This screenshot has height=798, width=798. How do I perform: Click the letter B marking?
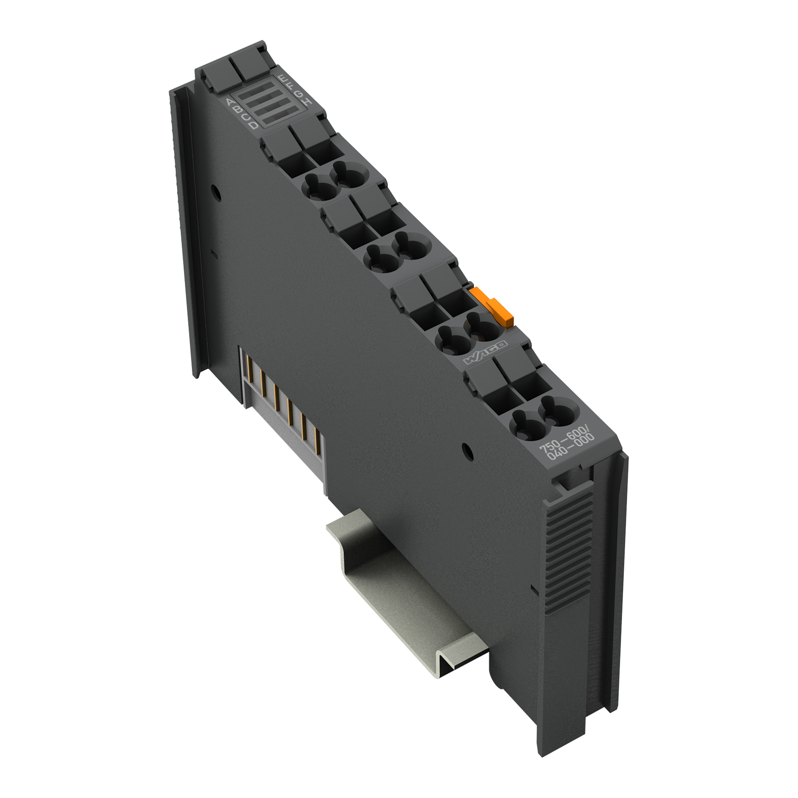click(x=238, y=109)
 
